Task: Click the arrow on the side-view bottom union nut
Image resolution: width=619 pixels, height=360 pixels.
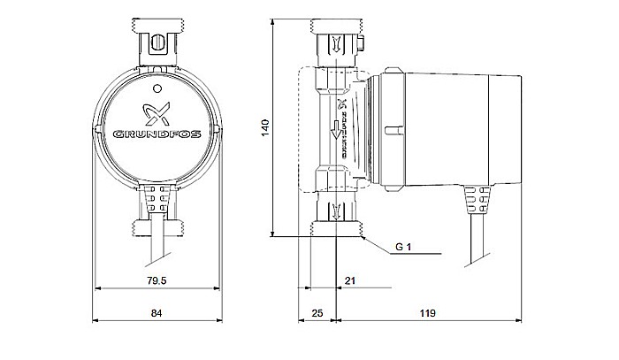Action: pyautogui.click(x=337, y=211)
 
